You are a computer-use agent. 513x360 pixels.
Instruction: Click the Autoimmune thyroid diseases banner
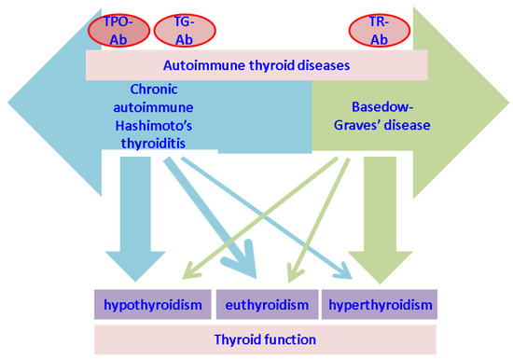pyautogui.click(x=256, y=65)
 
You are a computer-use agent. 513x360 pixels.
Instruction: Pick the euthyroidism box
pyautogui.click(x=264, y=305)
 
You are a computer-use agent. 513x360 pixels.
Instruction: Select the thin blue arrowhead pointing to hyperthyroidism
pyautogui.click(x=344, y=275)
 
